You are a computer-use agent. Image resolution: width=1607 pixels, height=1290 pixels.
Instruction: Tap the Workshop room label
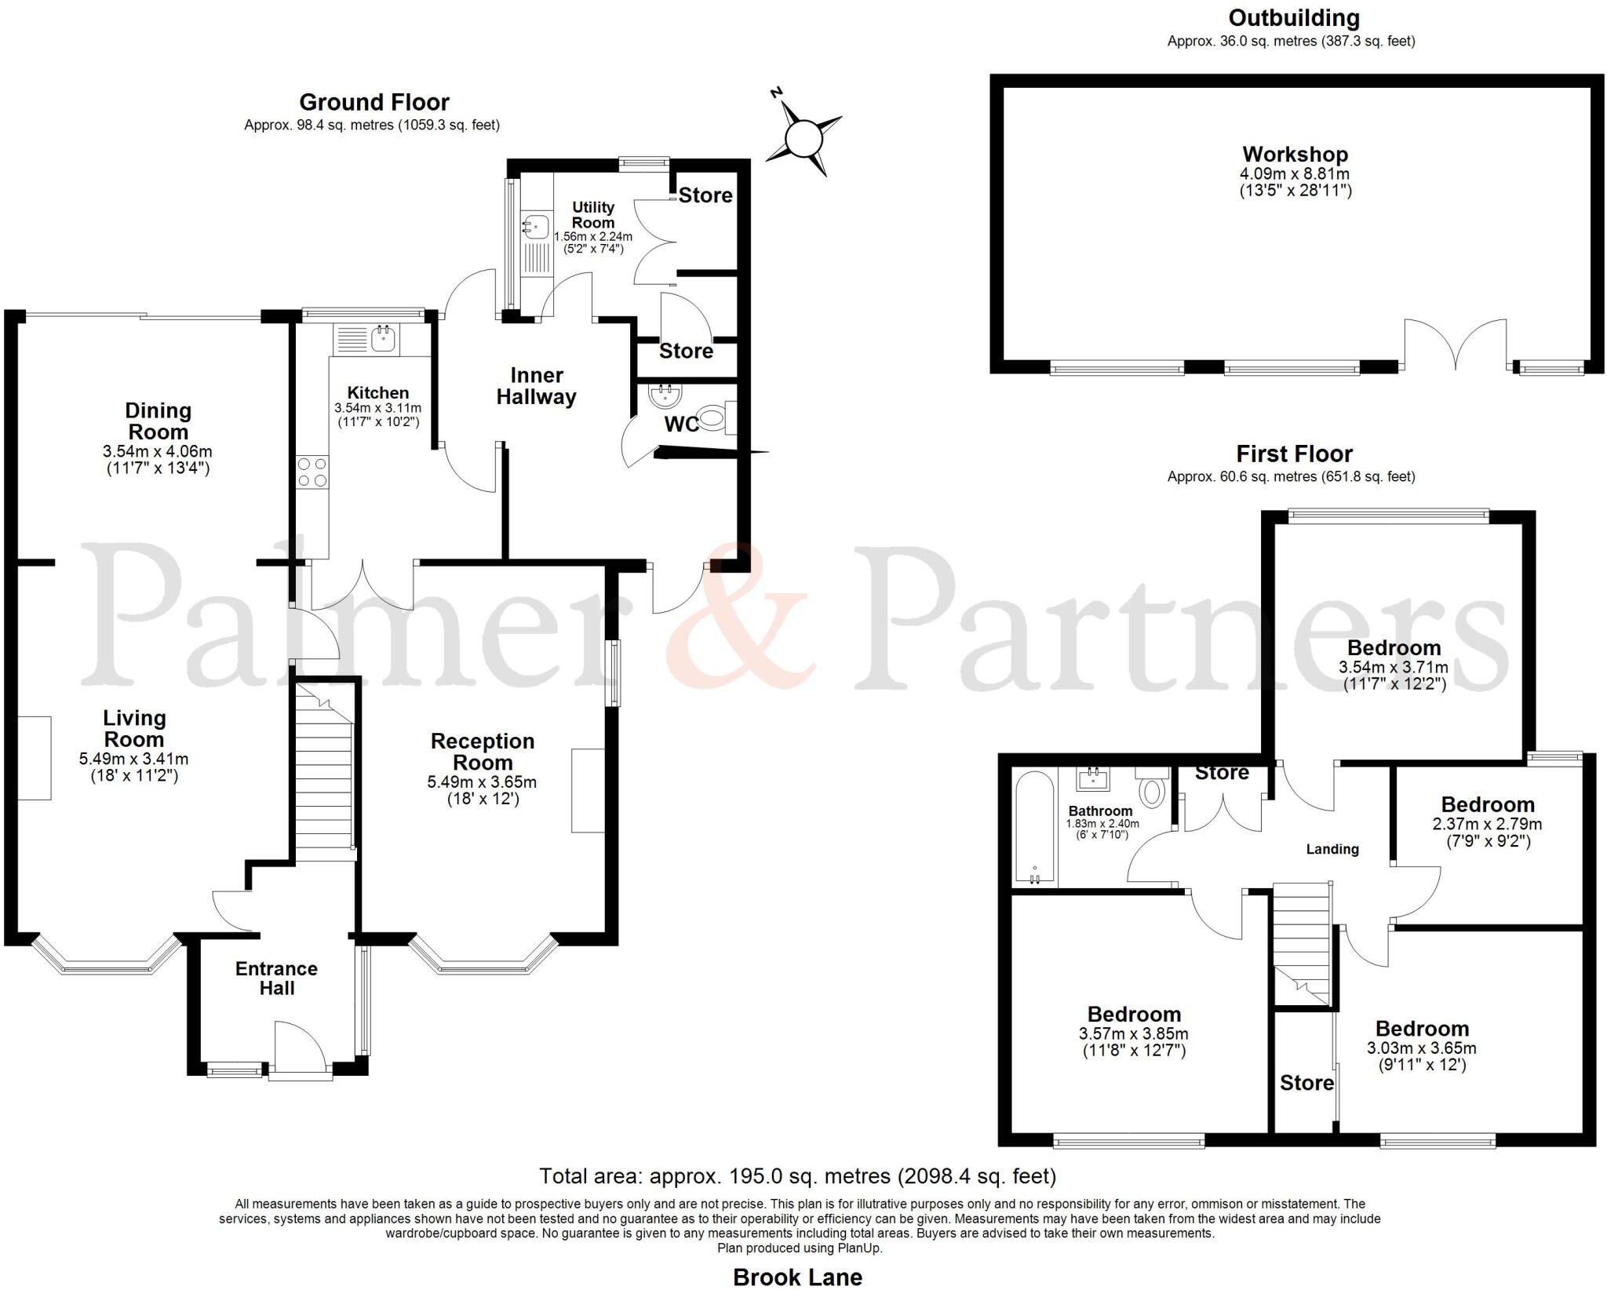(x=1295, y=155)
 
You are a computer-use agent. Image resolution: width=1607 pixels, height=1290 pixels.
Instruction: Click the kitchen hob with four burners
(x=312, y=473)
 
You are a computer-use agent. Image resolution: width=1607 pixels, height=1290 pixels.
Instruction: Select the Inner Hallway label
(x=536, y=386)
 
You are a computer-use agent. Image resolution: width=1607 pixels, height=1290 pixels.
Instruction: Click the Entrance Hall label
(x=276, y=978)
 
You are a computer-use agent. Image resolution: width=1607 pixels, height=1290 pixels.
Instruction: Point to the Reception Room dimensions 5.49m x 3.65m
(x=482, y=782)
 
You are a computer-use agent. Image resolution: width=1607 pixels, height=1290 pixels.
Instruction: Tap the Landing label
(x=1332, y=849)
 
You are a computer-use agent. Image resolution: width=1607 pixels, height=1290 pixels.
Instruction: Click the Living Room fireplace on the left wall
(x=35, y=758)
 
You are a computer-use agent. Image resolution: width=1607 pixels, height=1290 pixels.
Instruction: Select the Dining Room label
(x=158, y=421)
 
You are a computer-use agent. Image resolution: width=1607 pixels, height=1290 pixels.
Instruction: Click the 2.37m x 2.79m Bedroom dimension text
(x=1487, y=824)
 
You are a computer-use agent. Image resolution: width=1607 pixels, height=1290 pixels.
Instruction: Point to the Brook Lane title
(x=797, y=1277)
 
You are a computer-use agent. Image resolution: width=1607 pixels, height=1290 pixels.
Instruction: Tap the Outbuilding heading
(x=1293, y=17)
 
